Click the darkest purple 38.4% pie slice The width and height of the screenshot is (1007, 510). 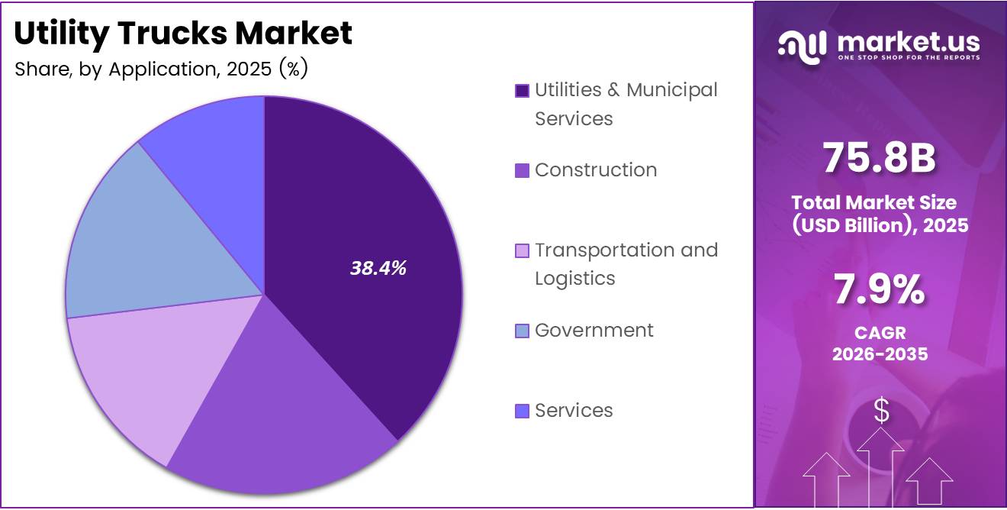coord(366,229)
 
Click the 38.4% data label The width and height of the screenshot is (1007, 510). coord(378,268)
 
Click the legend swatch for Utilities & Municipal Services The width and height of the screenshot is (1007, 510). coord(522,91)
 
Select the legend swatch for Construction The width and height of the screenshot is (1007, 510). coord(522,170)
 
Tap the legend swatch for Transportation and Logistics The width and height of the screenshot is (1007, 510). coord(522,250)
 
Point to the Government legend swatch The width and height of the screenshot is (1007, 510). coord(522,331)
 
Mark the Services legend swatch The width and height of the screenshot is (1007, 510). coord(522,411)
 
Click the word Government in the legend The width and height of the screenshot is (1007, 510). coord(594,330)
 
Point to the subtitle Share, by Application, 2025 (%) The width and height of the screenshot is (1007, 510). coord(161,69)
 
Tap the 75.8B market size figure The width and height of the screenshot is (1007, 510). coord(880,159)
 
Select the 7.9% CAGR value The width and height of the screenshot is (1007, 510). coord(880,291)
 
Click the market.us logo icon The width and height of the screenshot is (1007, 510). coord(802,46)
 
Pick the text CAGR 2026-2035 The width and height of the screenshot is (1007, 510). coord(880,344)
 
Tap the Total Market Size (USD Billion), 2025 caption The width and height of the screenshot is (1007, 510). coord(880,214)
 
